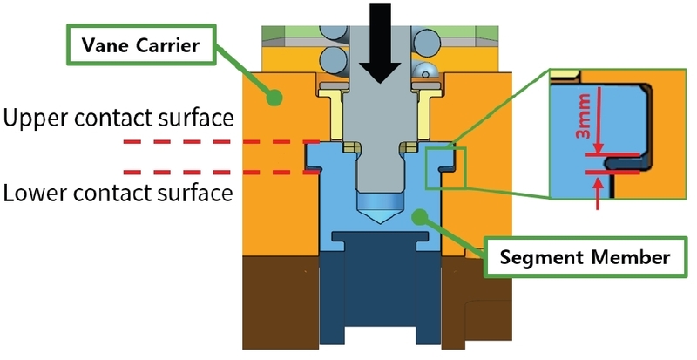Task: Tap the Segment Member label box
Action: coord(579,258)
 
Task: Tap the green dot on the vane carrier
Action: coord(276,96)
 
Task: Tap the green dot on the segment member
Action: coord(423,214)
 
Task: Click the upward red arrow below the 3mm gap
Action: coord(597,195)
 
